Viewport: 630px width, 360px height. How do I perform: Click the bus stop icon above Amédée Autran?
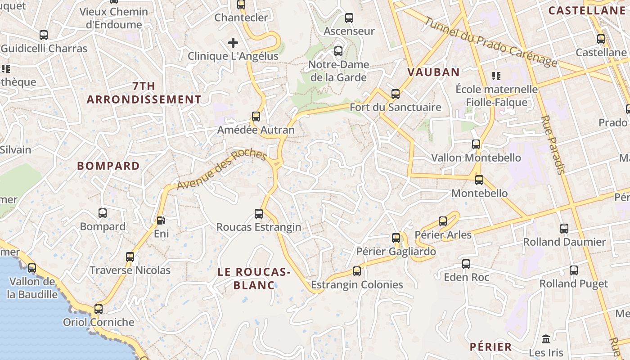coord(256,117)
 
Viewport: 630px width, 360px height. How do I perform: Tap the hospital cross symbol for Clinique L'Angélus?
coord(233,43)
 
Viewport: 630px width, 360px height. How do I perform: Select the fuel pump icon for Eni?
coord(161,220)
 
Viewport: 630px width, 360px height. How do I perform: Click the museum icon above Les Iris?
coord(546,339)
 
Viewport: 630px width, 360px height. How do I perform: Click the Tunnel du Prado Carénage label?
coord(490,42)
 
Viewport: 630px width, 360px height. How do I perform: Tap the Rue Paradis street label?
coord(553,144)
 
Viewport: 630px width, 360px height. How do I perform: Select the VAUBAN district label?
coord(433,72)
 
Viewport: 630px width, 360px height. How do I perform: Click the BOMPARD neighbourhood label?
coord(108,166)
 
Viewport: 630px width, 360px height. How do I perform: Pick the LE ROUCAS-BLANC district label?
coord(254,278)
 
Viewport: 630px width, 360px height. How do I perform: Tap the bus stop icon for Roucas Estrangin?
coord(259,213)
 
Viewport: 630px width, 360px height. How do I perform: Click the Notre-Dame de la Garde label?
coord(338,71)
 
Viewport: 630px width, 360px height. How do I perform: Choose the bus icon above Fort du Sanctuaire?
coord(396,94)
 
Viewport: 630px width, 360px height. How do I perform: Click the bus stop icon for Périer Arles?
coord(443,221)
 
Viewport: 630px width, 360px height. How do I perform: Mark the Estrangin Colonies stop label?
coord(357,284)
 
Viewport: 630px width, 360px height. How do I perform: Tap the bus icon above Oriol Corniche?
coord(99,309)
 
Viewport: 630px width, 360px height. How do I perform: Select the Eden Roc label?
coord(466,277)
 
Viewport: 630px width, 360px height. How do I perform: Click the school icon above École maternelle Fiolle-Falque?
coord(496,76)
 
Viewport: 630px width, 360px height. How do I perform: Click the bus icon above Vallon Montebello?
coord(476,144)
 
